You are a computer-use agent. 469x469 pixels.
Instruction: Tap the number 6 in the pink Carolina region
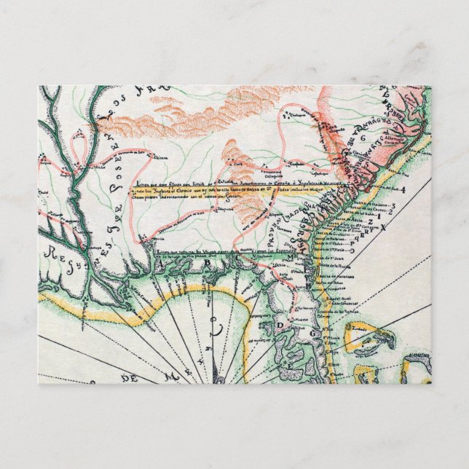(361, 137)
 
